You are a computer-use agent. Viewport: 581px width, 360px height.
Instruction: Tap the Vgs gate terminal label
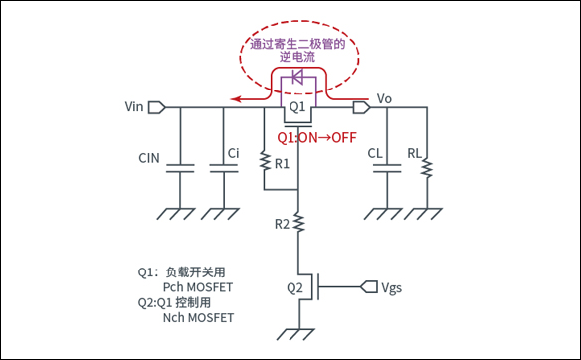click(x=392, y=287)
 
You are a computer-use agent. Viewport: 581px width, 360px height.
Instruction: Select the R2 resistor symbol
click(x=299, y=228)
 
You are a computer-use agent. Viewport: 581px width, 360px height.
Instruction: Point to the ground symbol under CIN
click(x=181, y=212)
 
